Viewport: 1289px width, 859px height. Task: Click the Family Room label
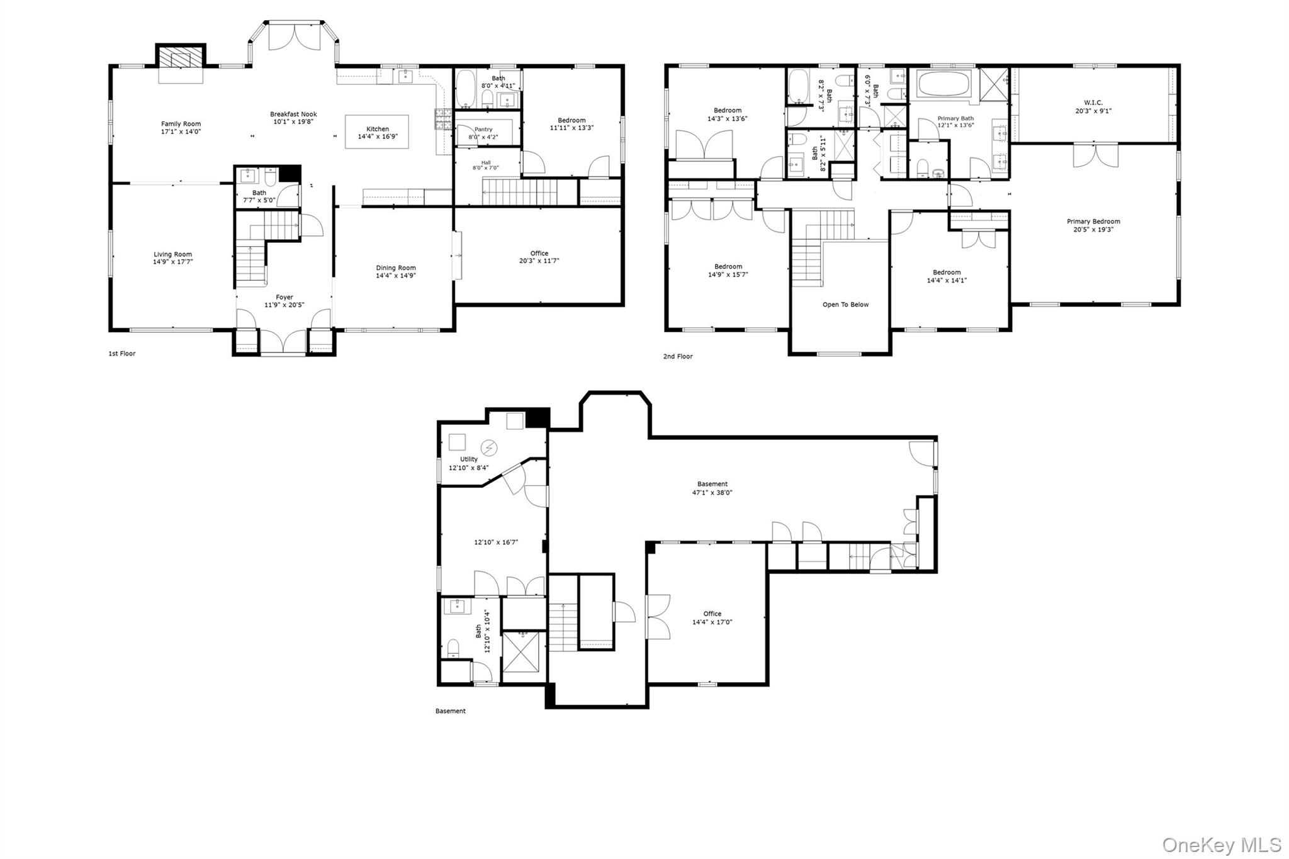pos(181,124)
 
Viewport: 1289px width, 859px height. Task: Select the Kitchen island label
pos(378,129)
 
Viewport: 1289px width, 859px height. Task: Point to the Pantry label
pos(483,130)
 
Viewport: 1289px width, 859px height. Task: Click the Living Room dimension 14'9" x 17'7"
pos(172,262)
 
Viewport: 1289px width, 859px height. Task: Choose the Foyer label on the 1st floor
pos(284,297)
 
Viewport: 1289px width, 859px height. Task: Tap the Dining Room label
pos(396,267)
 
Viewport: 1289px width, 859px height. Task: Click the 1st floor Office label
pos(539,253)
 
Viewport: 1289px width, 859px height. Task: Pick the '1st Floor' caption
pos(122,354)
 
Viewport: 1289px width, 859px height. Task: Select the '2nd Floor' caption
pos(678,356)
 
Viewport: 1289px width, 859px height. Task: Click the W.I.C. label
pos(1093,103)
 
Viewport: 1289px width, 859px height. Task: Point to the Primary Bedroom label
pos(1093,222)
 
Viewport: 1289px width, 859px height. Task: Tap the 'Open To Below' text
pos(845,305)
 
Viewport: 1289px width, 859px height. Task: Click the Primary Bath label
pos(955,118)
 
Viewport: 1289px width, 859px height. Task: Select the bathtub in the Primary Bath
pos(943,84)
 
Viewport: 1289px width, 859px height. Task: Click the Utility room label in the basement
pos(469,459)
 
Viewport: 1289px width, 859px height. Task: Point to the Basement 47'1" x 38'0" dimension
pos(712,493)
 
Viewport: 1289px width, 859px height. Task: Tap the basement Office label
pos(712,614)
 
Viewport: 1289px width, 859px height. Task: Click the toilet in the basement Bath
pos(454,648)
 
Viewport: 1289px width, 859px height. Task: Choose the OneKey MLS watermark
pos(1221,845)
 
